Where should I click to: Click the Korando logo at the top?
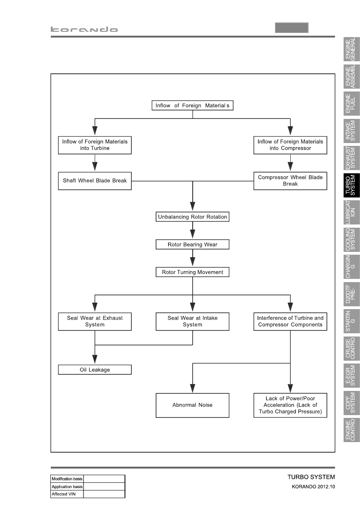pos(84,29)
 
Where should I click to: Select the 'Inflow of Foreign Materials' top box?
pos(193,106)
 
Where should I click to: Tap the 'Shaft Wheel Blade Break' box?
pos(95,181)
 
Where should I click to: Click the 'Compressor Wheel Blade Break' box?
pos(290,181)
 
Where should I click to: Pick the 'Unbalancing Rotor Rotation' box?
pos(193,217)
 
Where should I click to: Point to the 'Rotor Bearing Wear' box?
pos(193,245)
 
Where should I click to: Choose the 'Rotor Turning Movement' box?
pos(193,272)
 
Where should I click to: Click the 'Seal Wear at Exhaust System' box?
pos(95,322)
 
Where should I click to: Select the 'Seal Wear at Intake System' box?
pos(193,322)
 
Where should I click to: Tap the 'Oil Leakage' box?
pos(95,370)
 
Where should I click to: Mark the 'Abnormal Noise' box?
pos(193,405)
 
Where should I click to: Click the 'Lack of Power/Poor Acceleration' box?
pos(290,405)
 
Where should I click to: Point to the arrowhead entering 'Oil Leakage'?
pos(95,359)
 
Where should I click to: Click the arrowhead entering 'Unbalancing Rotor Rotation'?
pos(193,206)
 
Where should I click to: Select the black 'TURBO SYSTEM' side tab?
pos(352,185)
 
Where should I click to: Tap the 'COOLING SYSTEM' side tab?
pos(352,240)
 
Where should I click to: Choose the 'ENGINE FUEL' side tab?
pos(352,104)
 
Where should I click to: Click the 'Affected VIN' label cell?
pos(67,494)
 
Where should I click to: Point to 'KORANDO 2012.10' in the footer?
pos(313,487)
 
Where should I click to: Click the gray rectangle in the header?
pos(291,28)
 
